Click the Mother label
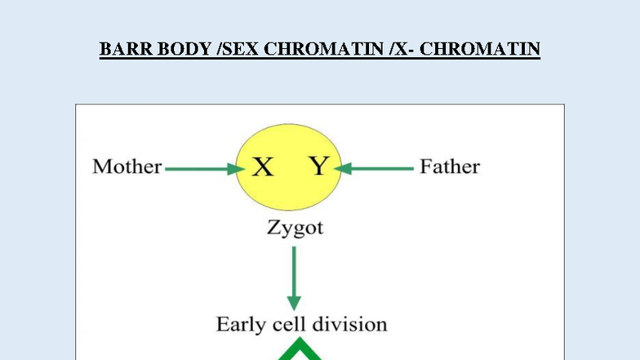[127, 167]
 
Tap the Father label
[449, 167]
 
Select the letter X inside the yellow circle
[262, 168]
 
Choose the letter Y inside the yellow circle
[318, 167]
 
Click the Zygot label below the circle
[295, 228]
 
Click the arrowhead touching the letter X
[239, 169]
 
